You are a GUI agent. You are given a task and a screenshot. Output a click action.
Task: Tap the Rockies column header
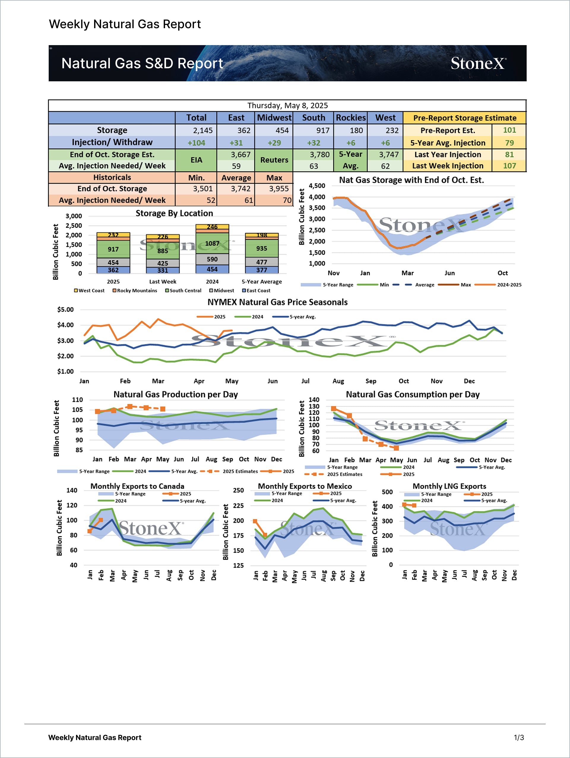(350, 118)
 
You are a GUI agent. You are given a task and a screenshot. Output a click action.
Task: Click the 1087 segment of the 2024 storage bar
(212, 243)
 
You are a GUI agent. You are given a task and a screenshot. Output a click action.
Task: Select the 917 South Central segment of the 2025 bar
(113, 249)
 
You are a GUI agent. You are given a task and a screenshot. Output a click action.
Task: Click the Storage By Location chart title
(174, 213)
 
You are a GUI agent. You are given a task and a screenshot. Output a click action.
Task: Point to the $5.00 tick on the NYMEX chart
(66, 310)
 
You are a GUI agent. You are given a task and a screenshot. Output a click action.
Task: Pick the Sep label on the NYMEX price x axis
(370, 381)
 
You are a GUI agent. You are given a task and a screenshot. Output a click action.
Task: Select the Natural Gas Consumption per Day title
(412, 394)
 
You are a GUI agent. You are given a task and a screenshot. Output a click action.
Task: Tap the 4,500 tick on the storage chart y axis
(317, 186)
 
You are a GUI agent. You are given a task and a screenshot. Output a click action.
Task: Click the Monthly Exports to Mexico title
(305, 486)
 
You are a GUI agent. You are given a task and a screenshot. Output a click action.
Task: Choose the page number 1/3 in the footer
(519, 738)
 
